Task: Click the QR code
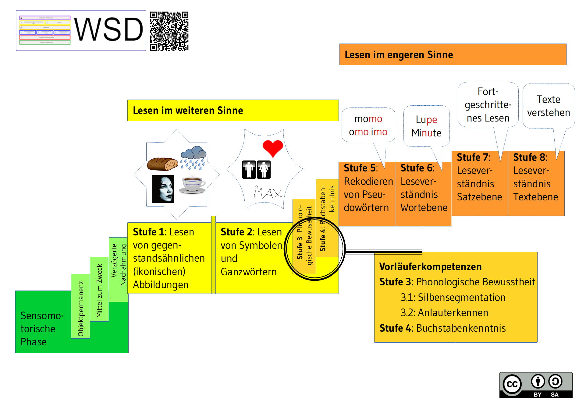coord(169,31)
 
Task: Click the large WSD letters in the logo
coord(108,30)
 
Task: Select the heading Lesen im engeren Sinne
coord(399,55)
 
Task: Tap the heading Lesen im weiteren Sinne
coord(188,111)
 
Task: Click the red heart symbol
coord(273,148)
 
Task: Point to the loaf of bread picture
coord(162,164)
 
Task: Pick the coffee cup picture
coord(193,185)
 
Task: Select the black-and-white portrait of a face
coord(163,189)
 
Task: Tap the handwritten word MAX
coord(268,192)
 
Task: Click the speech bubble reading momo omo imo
coord(368,125)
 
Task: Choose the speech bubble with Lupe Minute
coord(426,126)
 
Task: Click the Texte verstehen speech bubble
coord(548,106)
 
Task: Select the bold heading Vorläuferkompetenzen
coord(430,267)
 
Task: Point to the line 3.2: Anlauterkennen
coord(444,313)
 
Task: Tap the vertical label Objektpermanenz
coord(81,308)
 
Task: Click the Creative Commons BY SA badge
coord(536,385)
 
